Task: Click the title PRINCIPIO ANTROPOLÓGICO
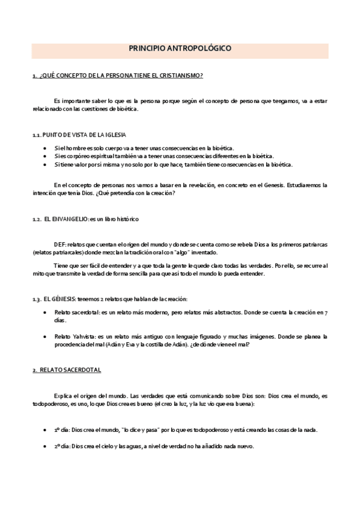180,51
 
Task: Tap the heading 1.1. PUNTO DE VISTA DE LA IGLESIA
79,135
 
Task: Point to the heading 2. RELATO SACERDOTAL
66,370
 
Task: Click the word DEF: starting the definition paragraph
61,245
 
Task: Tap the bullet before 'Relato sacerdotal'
46,313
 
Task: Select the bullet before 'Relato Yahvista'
46,337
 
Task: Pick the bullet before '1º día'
46,431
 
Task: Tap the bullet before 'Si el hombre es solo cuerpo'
46,148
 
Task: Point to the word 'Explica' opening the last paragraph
64,397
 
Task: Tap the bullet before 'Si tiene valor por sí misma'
46,164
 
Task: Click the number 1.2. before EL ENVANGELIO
36,220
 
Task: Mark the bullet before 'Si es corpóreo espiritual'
46,156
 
